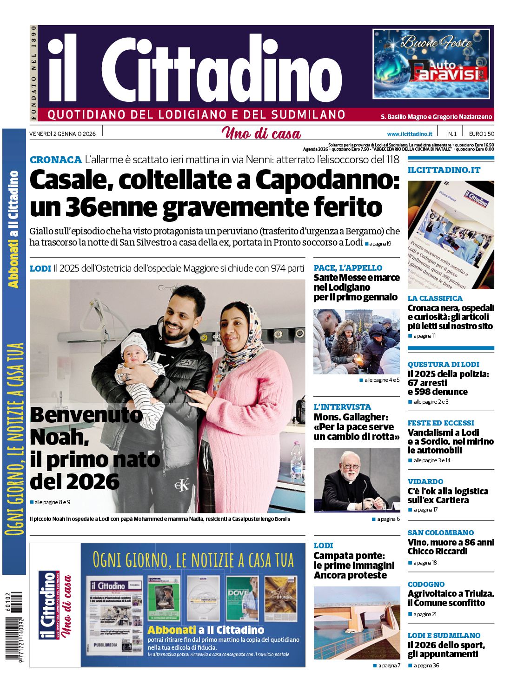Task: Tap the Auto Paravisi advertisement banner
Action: (431, 64)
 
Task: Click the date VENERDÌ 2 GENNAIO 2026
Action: (62, 134)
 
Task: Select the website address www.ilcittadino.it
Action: (409, 134)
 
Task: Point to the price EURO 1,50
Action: (481, 134)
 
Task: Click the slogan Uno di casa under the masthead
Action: (261, 134)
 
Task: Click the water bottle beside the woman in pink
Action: (296, 460)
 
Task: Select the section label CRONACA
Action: (55, 160)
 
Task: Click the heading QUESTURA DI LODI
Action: (443, 365)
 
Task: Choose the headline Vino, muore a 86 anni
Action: (451, 543)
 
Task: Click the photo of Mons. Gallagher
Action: (357, 480)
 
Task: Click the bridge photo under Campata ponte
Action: (357, 623)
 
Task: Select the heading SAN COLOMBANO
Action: (440, 533)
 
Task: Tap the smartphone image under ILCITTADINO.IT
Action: (451, 235)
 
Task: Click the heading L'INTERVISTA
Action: (342, 407)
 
